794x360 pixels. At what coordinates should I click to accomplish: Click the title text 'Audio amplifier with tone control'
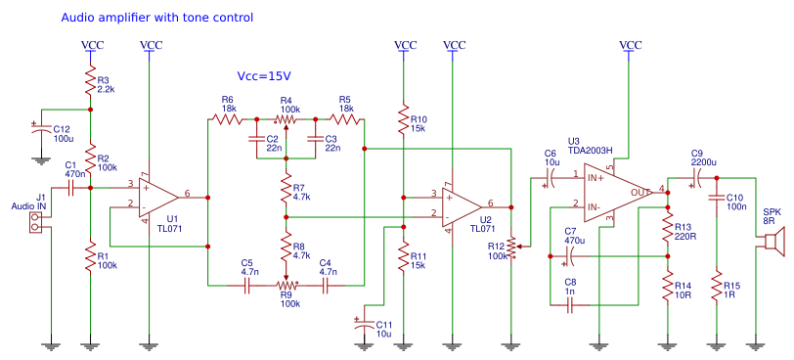click(x=156, y=18)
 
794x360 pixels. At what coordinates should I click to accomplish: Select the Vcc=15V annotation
click(x=264, y=75)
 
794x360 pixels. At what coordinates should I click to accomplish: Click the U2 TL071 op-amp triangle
click(x=458, y=206)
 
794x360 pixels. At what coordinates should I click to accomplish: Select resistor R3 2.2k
click(x=90, y=82)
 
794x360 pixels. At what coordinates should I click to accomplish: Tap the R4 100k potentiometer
click(x=286, y=119)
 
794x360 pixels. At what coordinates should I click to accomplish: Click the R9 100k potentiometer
click(x=286, y=285)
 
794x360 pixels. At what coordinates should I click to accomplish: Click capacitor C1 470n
click(x=70, y=186)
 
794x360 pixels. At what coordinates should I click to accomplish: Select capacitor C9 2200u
click(x=695, y=177)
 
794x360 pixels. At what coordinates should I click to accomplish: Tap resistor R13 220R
click(x=668, y=231)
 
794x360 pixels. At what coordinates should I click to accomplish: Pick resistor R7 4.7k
click(x=286, y=190)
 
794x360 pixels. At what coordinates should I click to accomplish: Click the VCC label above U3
click(x=631, y=45)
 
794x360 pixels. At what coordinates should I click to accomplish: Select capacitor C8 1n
click(x=571, y=305)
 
